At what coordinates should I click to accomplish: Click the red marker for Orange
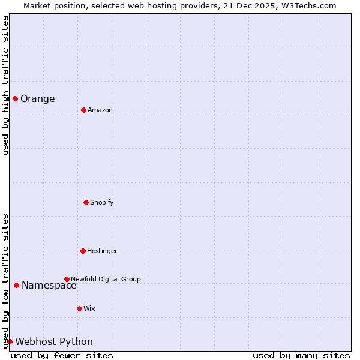[15, 98]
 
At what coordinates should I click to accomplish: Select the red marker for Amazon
[83, 110]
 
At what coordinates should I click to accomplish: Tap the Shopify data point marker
[86, 202]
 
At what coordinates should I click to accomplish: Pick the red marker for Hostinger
[83, 251]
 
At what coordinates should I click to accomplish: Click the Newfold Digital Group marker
[67, 279]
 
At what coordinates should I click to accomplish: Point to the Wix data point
[79, 308]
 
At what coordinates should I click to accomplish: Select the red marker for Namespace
[16, 285]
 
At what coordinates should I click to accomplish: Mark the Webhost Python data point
[10, 341]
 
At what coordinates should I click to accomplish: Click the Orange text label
[38, 99]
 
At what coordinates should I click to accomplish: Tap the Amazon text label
[100, 110]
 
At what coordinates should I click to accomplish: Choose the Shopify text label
[102, 203]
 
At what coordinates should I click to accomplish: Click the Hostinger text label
[103, 251]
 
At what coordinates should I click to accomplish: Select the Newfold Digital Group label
[106, 280]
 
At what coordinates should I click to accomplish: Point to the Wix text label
[89, 309]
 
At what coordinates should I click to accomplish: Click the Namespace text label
[49, 286]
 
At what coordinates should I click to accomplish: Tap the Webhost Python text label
[54, 342]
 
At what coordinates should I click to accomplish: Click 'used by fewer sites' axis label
[62, 355]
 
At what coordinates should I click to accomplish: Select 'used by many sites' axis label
[301, 355]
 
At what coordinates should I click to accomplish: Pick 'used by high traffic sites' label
[5, 85]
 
